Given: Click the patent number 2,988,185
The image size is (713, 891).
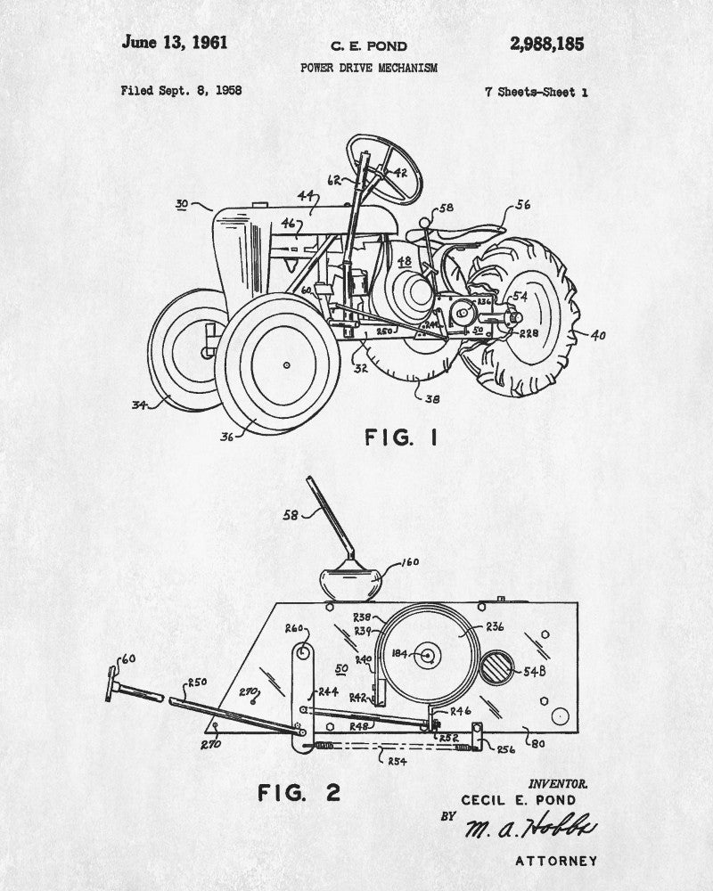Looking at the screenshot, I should [546, 44].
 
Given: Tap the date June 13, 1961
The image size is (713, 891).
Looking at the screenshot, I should [175, 42].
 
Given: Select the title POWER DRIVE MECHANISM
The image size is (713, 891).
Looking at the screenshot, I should [368, 68].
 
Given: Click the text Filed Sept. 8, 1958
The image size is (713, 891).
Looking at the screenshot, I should [181, 91].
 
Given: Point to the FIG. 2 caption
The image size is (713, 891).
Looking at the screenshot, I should [299, 792].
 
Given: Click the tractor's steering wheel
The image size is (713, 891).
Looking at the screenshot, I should [385, 167].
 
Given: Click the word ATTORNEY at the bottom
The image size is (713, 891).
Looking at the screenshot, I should [555, 861].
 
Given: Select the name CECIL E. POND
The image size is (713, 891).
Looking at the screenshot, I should [518, 800].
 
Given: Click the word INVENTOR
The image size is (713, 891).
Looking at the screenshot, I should [558, 783].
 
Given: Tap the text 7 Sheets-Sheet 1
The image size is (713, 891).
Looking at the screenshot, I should [536, 92].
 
